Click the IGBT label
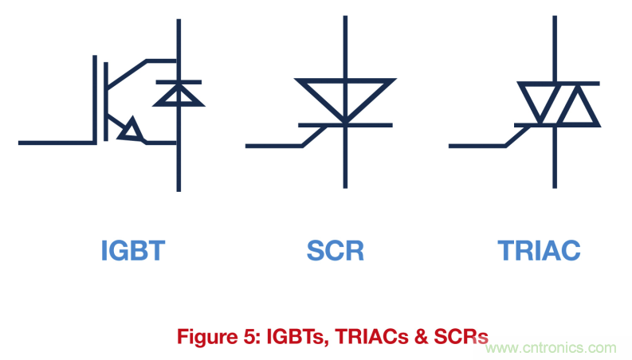pos(133,250)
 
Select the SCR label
pos(336,250)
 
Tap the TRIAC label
pos(540,250)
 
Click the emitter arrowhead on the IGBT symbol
pos(131,130)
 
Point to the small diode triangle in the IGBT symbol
pos(179,95)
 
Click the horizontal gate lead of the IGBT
pos(57,143)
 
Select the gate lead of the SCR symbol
pos(286,136)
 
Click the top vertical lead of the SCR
pos(345,47)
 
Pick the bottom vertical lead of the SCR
pos(345,158)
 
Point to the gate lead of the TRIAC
pos(490,136)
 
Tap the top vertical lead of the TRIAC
pos(555,49)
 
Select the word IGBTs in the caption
pos(298,337)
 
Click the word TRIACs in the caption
pos(371,337)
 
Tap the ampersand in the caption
pos(421,337)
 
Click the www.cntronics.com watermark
pos(551,347)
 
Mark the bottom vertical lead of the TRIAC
pos(555,158)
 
